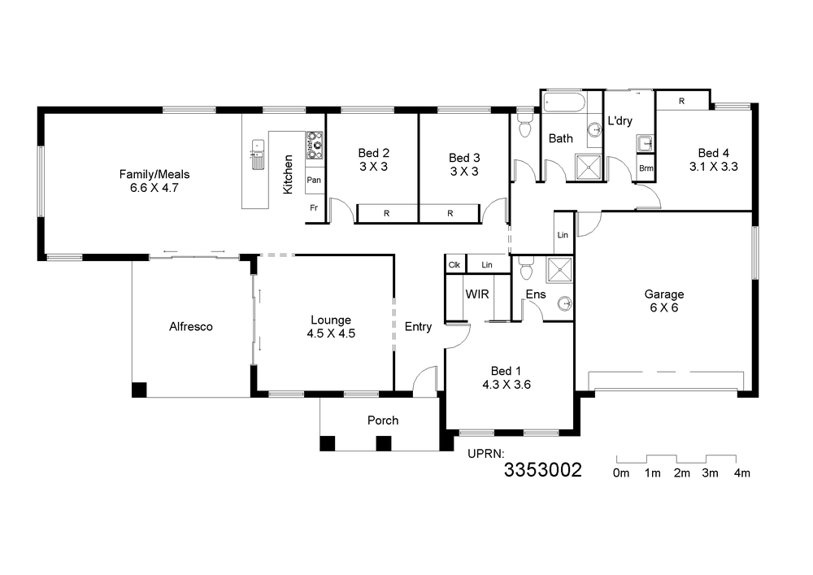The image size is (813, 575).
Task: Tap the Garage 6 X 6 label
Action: pyautogui.click(x=663, y=301)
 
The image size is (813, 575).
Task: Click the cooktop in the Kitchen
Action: pyautogui.click(x=315, y=145)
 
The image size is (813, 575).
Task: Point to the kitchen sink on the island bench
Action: pyautogui.click(x=258, y=154)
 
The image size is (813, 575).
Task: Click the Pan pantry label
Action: pyautogui.click(x=314, y=180)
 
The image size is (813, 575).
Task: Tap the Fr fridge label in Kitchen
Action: pyautogui.click(x=314, y=208)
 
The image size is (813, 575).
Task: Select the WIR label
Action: pyautogui.click(x=477, y=294)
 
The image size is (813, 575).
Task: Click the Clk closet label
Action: pyautogui.click(x=454, y=265)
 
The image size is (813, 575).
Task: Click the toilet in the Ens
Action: pyautogui.click(x=526, y=268)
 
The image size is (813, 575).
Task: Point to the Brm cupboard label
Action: pyautogui.click(x=646, y=168)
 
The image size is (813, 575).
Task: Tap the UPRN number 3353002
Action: pyautogui.click(x=543, y=470)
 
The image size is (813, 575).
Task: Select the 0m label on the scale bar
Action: pyautogui.click(x=620, y=473)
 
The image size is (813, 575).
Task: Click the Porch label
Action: pyautogui.click(x=383, y=420)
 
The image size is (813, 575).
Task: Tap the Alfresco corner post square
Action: pyautogui.click(x=139, y=390)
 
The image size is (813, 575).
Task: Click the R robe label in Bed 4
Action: pyautogui.click(x=681, y=102)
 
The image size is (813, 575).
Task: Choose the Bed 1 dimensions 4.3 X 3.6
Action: pyautogui.click(x=506, y=385)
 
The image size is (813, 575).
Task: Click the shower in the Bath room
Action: pyautogui.click(x=589, y=168)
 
